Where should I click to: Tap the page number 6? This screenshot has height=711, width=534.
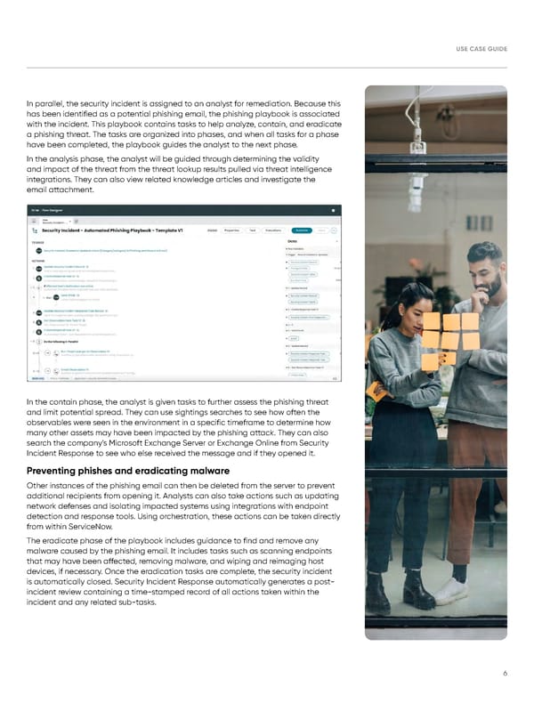click(x=505, y=674)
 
